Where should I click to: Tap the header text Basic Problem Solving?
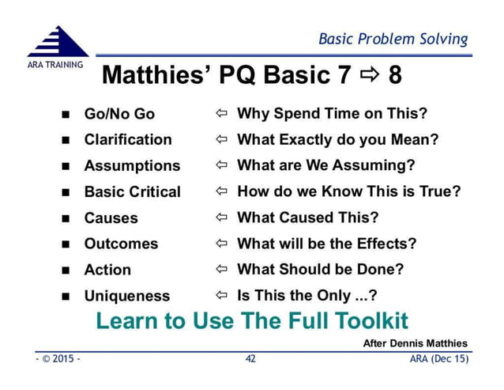click(393, 39)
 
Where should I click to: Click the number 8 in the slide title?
click(394, 76)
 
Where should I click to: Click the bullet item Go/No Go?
click(119, 114)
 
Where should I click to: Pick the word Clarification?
click(128, 140)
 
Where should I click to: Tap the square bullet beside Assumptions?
click(66, 167)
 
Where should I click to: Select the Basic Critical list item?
click(132, 192)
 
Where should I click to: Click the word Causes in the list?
click(111, 218)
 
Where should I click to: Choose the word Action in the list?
click(107, 270)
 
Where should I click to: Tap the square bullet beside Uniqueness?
click(66, 297)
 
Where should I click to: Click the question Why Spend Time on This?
click(332, 114)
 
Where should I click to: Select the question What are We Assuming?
click(325, 166)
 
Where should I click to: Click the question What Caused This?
click(307, 218)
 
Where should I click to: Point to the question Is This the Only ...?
click(307, 296)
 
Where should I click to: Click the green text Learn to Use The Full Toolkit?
click(252, 321)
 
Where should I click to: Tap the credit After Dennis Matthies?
click(415, 343)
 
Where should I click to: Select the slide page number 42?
click(250, 359)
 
